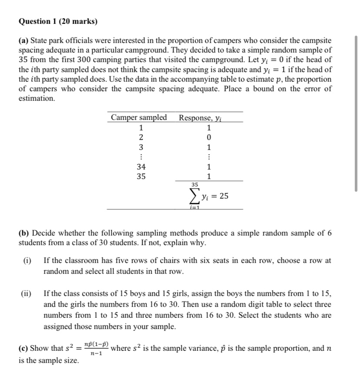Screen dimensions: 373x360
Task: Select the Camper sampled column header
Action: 139,117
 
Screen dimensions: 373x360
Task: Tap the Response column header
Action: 204,117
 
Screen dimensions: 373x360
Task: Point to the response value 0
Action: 209,138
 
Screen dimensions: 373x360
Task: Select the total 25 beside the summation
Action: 224,196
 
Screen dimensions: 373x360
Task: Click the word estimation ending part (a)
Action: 37,99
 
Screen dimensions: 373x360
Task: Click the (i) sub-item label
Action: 27,261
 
